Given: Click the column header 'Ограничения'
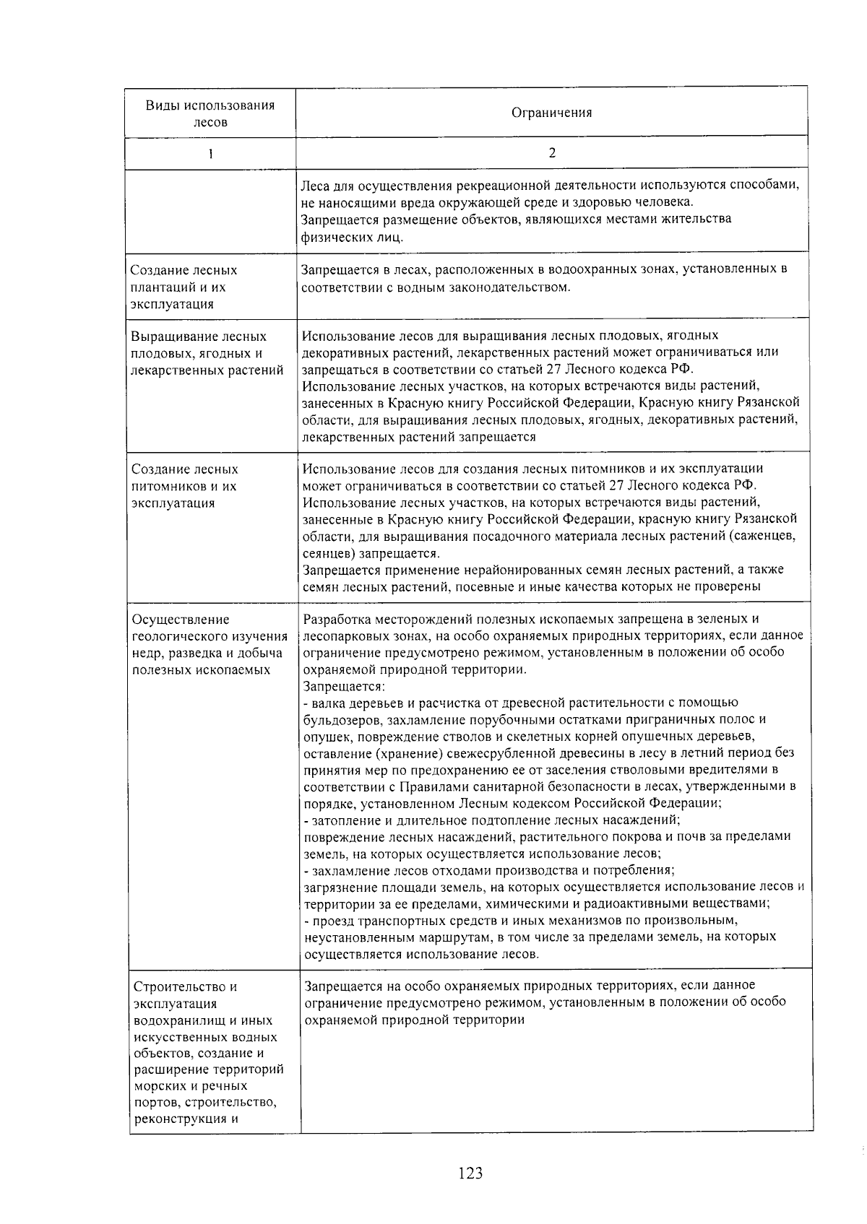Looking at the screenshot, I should click(x=551, y=113).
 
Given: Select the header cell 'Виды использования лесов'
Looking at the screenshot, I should click(x=210, y=113).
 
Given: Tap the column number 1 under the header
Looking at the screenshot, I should click(x=210, y=153).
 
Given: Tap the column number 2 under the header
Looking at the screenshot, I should click(x=552, y=152).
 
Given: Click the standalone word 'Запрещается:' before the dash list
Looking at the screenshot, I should click(x=344, y=686).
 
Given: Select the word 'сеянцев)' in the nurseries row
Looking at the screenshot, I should click(x=326, y=553).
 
